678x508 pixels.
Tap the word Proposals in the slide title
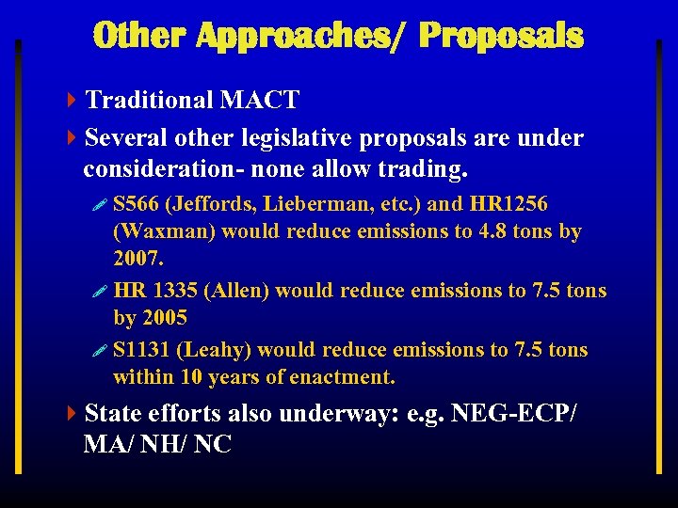pyautogui.click(x=501, y=36)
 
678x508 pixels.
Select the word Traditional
pyautogui.click(x=149, y=100)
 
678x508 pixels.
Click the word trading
pyautogui.click(x=420, y=170)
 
